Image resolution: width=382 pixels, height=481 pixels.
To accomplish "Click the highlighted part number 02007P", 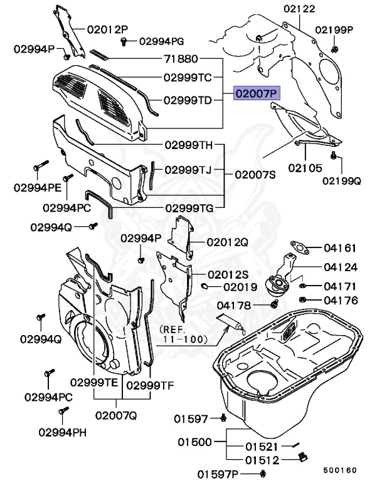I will point(255,94).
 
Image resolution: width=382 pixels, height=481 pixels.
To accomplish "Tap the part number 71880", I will point(180,59).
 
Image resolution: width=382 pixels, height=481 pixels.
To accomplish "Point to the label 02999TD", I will point(188,100).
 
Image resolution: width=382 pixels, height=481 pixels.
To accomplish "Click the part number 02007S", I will point(255,175).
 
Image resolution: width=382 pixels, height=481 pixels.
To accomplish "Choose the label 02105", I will point(305,168).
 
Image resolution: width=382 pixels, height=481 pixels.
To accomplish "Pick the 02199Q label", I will point(342,181).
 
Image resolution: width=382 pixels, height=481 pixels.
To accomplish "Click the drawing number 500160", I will point(339,469).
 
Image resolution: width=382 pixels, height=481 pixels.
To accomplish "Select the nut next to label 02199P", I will point(334,48).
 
